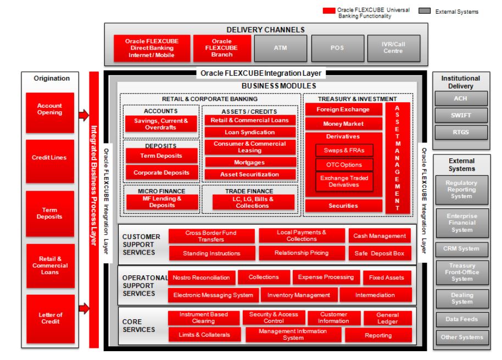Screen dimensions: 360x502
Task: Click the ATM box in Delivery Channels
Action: click(x=277, y=48)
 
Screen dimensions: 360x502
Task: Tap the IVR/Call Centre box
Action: click(x=393, y=48)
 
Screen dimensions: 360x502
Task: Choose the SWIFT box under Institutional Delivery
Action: click(x=460, y=116)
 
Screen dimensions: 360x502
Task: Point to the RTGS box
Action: click(x=460, y=132)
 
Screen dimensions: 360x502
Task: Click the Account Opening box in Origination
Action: click(x=50, y=109)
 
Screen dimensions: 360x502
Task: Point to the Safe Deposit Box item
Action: click(x=380, y=253)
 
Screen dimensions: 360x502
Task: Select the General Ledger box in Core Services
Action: click(x=387, y=318)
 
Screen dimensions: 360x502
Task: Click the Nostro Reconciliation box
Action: click(x=202, y=278)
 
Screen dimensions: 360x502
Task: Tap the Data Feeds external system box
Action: click(x=461, y=318)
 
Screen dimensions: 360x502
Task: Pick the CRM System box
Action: click(x=461, y=249)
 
